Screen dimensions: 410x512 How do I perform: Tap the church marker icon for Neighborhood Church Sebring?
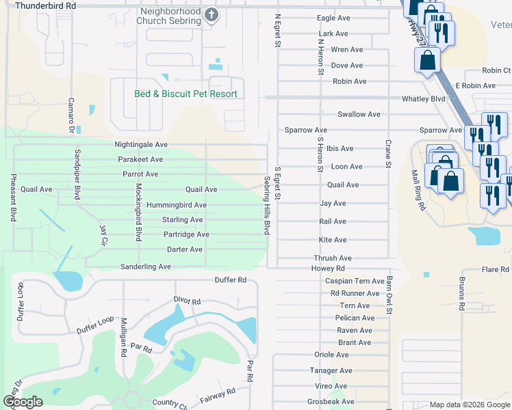click(212, 16)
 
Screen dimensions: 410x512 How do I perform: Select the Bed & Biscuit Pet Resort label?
click(185, 94)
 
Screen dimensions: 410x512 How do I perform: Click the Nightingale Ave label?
click(141, 145)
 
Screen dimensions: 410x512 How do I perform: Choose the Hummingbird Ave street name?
click(176, 205)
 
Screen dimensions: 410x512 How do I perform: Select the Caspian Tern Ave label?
click(355, 282)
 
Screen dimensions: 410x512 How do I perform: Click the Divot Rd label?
click(187, 301)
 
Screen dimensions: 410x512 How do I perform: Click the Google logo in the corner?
click(23, 402)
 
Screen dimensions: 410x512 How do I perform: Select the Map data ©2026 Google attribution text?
click(470, 405)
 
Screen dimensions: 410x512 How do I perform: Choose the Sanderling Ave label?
click(145, 266)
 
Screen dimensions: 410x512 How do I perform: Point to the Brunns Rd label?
click(461, 295)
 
